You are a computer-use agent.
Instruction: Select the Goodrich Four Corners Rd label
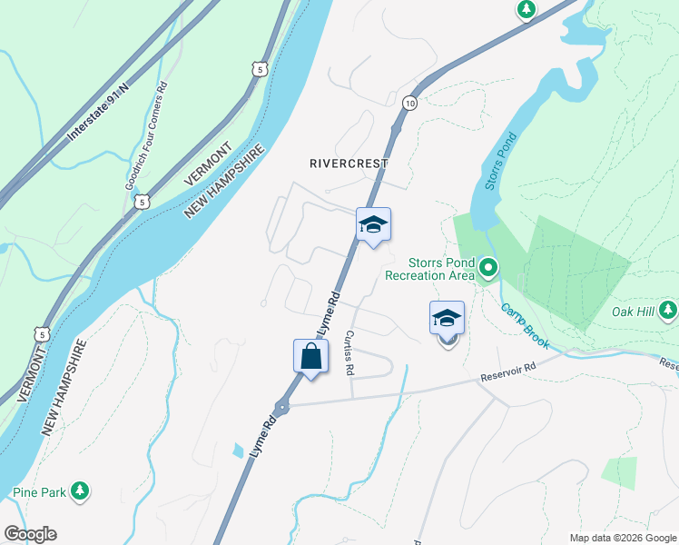[146, 136]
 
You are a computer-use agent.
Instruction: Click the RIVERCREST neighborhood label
[349, 163]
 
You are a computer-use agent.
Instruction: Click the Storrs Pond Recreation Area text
[430, 268]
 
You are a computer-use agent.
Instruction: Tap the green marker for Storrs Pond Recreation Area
[488, 267]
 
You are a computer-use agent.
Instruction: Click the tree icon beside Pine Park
[81, 491]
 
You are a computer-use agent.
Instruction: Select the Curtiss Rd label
[349, 353]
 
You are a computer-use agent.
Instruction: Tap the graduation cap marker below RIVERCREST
[373, 224]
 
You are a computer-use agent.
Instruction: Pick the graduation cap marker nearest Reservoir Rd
[447, 319]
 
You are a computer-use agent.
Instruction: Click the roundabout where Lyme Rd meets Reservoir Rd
[281, 408]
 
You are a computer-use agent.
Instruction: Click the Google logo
[30, 534]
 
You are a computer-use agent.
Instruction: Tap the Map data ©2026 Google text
[623, 538]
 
